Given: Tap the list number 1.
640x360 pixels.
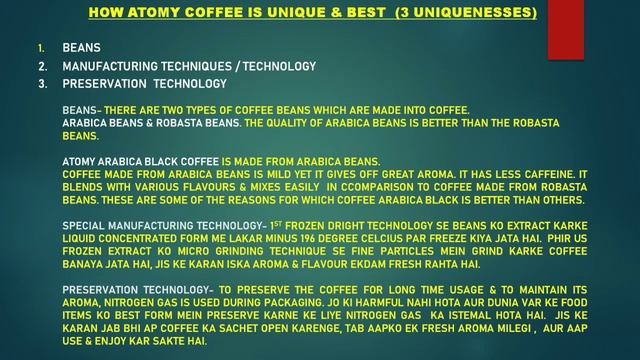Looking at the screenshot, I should pos(41,48).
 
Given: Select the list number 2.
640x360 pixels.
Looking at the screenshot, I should pos(42,66).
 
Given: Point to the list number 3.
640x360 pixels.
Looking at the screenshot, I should pos(42,84).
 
